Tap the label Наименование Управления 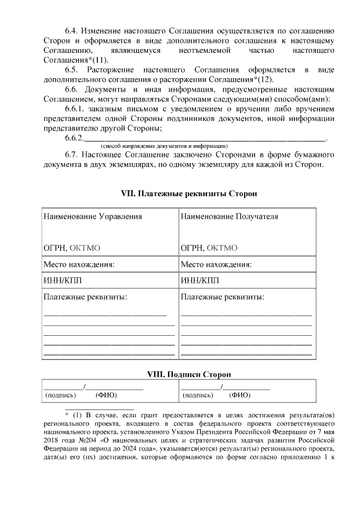pyautogui.click(x=92, y=217)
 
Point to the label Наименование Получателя pyautogui.click(x=229, y=217)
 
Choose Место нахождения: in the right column pyautogui.click(x=216, y=264)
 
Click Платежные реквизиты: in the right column pyautogui.click(x=222, y=296)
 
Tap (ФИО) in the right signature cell pyautogui.click(x=240, y=395)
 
